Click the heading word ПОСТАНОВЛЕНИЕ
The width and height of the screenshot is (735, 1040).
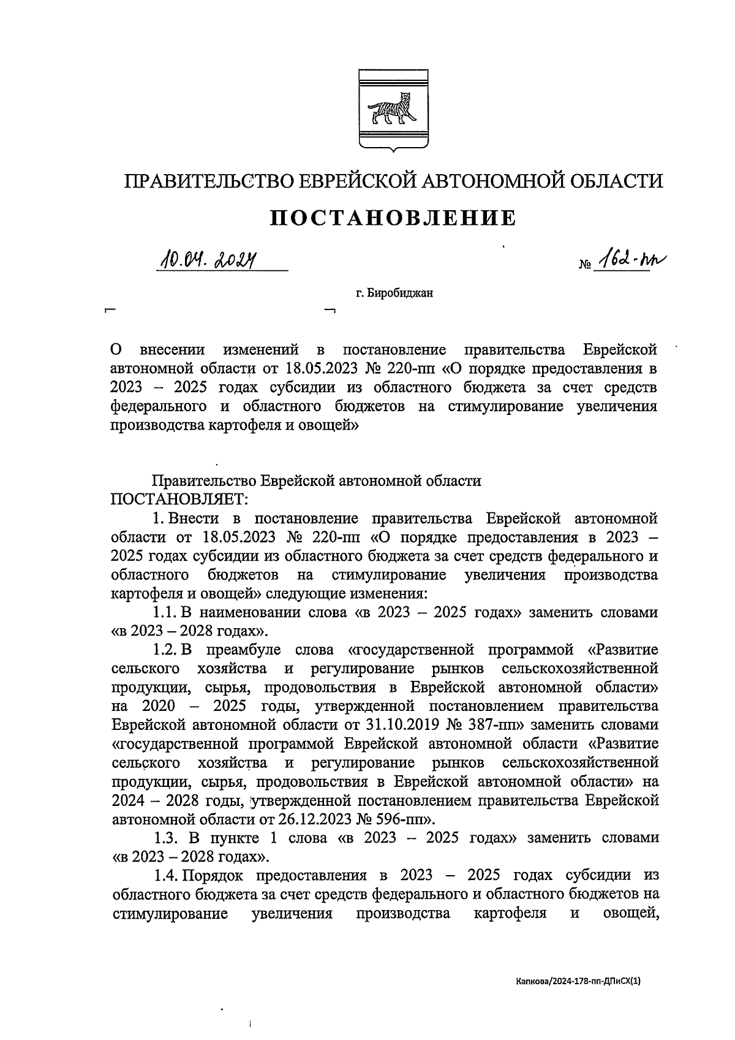[x=393, y=218]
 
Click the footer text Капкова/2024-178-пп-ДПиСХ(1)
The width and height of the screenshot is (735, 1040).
[x=578, y=981]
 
